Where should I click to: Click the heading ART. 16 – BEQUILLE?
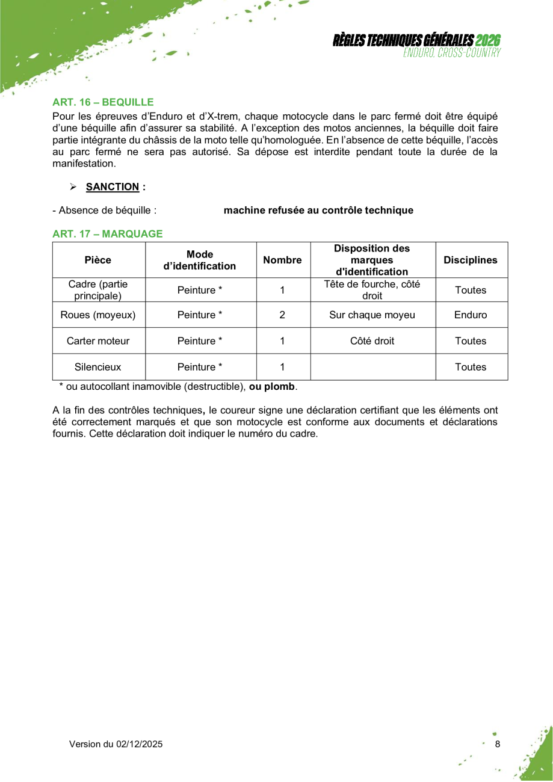103,102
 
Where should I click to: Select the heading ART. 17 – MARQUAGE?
107,233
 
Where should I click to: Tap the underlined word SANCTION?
113,186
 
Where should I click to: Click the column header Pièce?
98,260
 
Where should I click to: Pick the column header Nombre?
282,260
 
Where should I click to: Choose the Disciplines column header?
471,260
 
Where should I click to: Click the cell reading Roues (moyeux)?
98,315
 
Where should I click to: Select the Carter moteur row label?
98,340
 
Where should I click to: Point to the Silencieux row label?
98,367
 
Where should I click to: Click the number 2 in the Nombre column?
282,315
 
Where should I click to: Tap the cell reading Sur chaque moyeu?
372,315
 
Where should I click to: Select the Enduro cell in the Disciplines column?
471,315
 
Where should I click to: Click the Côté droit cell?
372,340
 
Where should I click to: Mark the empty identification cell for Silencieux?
372,367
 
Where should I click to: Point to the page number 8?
497,744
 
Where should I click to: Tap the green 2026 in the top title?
488,40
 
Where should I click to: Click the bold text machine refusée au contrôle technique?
318,211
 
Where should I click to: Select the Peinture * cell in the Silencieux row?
200,367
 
